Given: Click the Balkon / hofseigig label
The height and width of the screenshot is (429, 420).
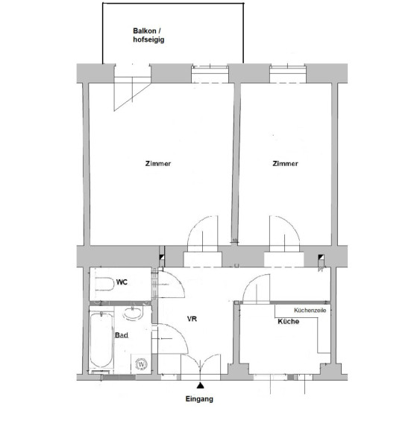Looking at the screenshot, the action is pyautogui.click(x=148, y=35).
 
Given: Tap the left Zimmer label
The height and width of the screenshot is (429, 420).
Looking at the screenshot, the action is pyautogui.click(x=158, y=164).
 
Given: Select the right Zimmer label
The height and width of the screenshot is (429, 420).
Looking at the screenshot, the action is pyautogui.click(x=285, y=164).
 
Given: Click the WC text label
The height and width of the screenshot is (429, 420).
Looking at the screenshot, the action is pyautogui.click(x=122, y=282).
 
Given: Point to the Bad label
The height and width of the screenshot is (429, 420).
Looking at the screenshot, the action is pyautogui.click(x=122, y=335).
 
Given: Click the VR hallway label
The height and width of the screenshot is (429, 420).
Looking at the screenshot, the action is pyautogui.click(x=192, y=319).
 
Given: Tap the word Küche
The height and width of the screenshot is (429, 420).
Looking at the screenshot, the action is pyautogui.click(x=288, y=321).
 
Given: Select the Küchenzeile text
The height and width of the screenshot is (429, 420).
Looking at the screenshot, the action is pyautogui.click(x=310, y=311).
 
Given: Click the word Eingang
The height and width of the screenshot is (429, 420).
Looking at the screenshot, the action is pyautogui.click(x=199, y=399).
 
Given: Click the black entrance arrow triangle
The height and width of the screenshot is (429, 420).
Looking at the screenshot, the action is pyautogui.click(x=200, y=386).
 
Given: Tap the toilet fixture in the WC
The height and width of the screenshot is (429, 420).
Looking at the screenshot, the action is pyautogui.click(x=104, y=285).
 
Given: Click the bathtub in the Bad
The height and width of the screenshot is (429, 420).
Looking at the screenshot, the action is pyautogui.click(x=101, y=340).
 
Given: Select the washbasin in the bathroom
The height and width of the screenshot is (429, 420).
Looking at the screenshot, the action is pyautogui.click(x=133, y=314).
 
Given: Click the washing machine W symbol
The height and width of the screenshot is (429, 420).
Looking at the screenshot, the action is pyautogui.click(x=142, y=364).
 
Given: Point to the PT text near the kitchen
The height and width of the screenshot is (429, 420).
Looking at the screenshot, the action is pyautogui.click(x=321, y=270).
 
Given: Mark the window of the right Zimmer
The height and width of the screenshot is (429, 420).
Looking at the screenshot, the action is pyautogui.click(x=288, y=73).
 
